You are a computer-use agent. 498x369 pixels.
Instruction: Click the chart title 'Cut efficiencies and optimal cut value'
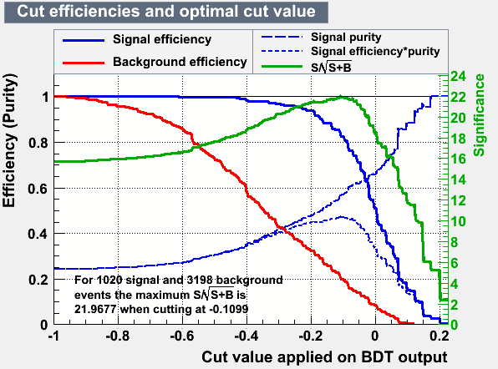pos(166,12)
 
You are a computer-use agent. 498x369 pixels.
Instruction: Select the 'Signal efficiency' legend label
pos(162,40)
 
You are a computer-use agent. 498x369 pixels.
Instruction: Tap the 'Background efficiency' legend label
pos(180,62)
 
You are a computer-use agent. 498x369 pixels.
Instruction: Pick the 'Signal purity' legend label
pos(346,38)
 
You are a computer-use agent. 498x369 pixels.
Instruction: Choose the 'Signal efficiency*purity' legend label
pos(375,52)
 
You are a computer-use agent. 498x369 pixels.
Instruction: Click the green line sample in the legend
pos(282,67)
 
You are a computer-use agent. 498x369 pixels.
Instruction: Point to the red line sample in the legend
pos(84,63)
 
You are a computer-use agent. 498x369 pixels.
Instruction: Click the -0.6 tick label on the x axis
pos(182,336)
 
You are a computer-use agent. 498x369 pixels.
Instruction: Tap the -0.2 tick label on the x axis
pos(311,336)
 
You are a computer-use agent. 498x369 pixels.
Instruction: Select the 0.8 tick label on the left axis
pos(38,143)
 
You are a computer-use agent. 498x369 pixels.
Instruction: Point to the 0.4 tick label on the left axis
pos(38,234)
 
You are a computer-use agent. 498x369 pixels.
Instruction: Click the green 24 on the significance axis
pos(458,77)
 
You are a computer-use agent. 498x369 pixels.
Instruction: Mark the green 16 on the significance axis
pos(458,159)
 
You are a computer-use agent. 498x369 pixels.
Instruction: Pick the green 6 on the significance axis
pos(455,263)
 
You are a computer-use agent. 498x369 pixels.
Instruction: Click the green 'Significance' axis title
pos(480,115)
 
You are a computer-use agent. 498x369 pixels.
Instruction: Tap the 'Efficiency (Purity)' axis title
pos(9,140)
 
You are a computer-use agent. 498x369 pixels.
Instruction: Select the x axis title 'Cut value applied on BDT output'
pos(324,357)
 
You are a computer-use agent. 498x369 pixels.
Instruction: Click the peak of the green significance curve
pos(340,96)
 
